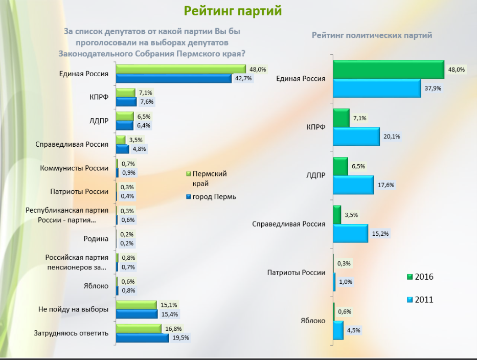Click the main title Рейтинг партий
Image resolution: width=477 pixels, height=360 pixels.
tap(233, 11)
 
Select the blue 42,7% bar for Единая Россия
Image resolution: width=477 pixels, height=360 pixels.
tap(174, 78)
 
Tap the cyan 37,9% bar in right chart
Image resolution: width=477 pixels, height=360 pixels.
tap(377, 88)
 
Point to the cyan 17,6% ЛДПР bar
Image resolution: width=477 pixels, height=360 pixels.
tap(353, 185)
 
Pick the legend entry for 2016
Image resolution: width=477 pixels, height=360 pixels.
tap(420, 277)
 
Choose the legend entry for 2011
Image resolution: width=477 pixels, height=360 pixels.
tap(420, 299)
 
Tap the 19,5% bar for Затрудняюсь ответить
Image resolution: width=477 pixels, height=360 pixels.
tap(142, 338)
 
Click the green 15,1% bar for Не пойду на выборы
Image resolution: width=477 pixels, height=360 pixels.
tap(137, 305)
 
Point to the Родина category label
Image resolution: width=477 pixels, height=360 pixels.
tap(96, 238)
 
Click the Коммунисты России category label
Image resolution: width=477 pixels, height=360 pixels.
tap(74, 168)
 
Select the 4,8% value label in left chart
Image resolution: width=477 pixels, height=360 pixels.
tap(139, 149)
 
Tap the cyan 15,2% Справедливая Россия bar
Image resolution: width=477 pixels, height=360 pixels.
tap(350, 233)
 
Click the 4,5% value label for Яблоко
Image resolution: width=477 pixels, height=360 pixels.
tap(353, 330)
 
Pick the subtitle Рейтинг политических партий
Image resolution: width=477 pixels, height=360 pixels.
tap(372, 35)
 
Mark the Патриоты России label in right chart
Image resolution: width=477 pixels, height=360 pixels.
tap(297, 273)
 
